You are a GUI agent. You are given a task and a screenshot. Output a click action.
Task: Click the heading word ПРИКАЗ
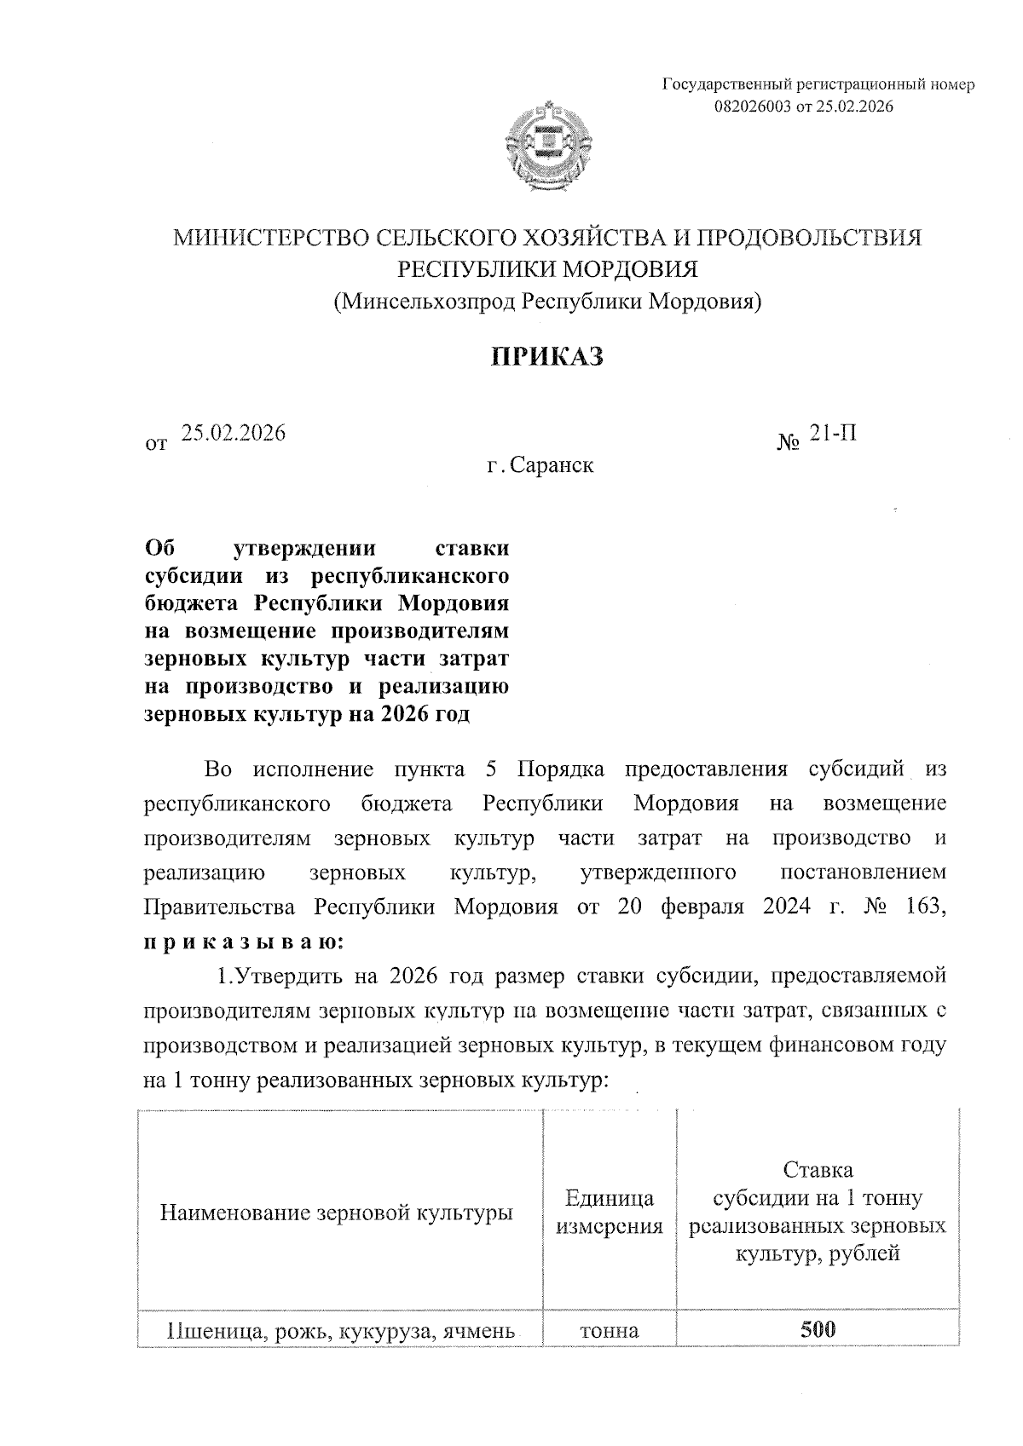click(x=547, y=356)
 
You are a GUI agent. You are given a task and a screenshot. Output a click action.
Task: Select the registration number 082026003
click(x=754, y=107)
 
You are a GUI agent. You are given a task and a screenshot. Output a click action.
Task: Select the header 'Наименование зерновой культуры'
click(x=337, y=1212)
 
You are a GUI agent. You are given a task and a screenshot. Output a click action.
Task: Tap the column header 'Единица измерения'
click(x=609, y=1212)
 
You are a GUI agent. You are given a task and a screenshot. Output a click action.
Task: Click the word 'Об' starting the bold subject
click(x=159, y=547)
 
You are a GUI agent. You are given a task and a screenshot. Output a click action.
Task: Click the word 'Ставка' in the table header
click(x=817, y=1169)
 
